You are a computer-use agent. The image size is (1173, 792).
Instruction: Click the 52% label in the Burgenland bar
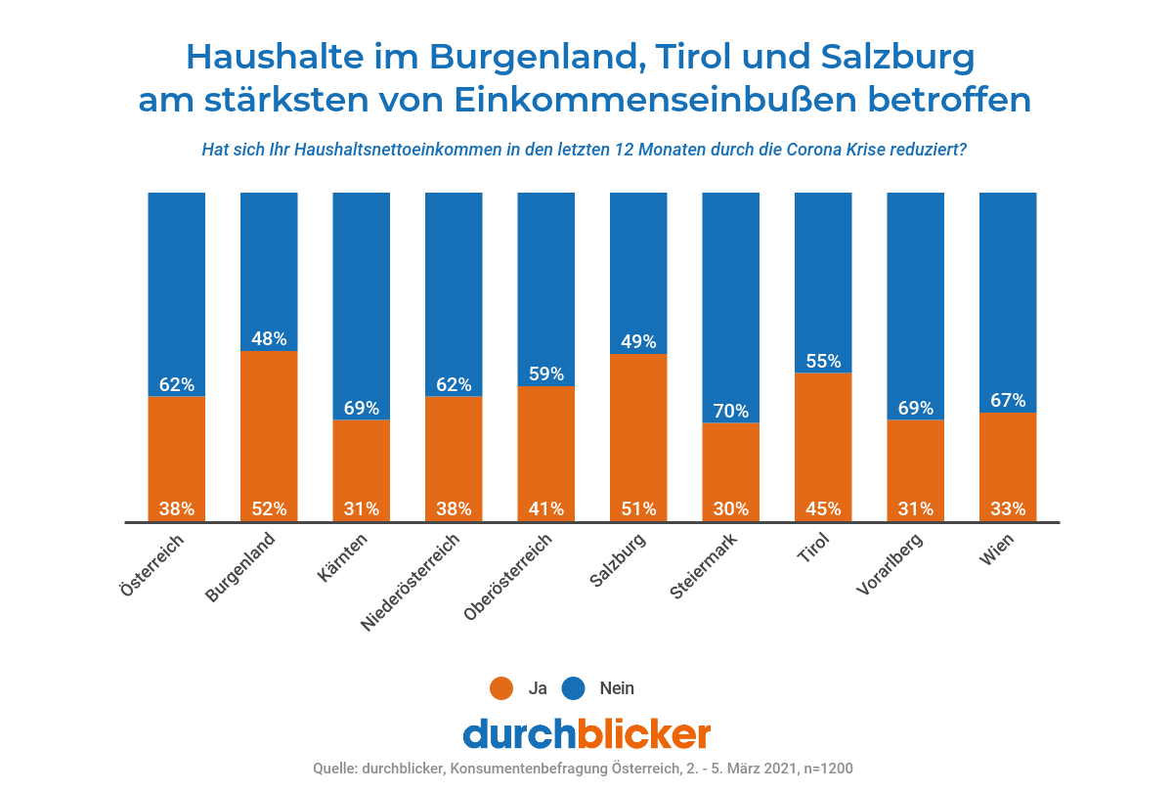[x=269, y=508]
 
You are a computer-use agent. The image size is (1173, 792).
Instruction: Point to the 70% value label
[x=731, y=411]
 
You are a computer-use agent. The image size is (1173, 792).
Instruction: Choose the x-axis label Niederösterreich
[x=412, y=582]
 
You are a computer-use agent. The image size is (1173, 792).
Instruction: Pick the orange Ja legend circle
[x=501, y=688]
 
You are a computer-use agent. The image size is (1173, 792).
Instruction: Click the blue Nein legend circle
[x=574, y=688]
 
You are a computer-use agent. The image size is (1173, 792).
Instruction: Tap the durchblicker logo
[x=586, y=733]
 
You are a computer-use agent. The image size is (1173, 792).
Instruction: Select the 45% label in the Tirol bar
[x=823, y=508]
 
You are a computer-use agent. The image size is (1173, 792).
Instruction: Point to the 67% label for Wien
[x=1008, y=401]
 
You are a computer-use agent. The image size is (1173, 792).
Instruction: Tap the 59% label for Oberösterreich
[x=546, y=374]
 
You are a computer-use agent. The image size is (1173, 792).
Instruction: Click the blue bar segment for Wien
[x=1008, y=293]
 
